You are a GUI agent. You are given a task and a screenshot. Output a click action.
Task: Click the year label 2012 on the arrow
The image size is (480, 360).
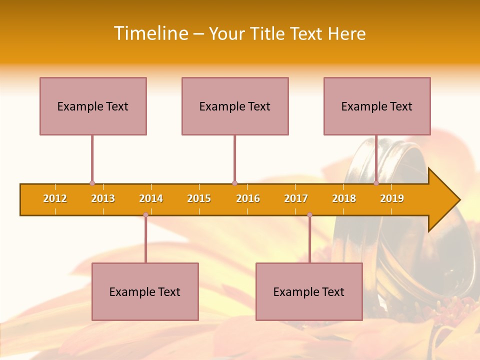pyautogui.click(x=55, y=198)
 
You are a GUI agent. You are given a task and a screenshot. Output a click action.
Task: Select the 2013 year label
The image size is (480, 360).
pyautogui.click(x=103, y=198)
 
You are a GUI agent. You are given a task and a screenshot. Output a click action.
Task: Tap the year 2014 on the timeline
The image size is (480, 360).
pyautogui.click(x=151, y=198)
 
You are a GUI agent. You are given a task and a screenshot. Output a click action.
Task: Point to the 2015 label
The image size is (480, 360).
pyautogui.click(x=199, y=198)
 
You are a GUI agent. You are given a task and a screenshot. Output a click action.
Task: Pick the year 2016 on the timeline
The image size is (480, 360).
pyautogui.click(x=248, y=198)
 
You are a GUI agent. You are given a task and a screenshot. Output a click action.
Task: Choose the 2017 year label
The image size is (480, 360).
pyautogui.click(x=296, y=198)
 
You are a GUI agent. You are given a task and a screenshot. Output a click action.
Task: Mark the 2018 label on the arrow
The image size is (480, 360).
pyautogui.click(x=344, y=198)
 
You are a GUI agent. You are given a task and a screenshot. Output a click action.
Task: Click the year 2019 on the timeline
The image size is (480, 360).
pyautogui.click(x=392, y=198)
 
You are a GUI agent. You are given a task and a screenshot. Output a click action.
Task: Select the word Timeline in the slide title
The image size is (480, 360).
pyautogui.click(x=150, y=33)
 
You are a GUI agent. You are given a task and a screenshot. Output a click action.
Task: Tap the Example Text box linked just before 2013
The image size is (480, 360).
pyautogui.click(x=93, y=106)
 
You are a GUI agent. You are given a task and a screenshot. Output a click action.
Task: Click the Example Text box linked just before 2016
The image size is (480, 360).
pyautogui.click(x=235, y=106)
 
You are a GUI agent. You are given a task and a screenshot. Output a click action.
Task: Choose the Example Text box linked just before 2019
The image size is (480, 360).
pyautogui.click(x=377, y=106)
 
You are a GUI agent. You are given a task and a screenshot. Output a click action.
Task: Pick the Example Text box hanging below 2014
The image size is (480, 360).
pyautogui.click(x=145, y=291)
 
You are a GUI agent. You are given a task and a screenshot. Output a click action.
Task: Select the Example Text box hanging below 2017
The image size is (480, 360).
pyautogui.click(x=309, y=291)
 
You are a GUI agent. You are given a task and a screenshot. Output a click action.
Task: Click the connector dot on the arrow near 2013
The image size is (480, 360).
pyautogui.click(x=92, y=183)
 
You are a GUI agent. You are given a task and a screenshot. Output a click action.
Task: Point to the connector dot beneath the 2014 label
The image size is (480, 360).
pyautogui.click(x=145, y=214)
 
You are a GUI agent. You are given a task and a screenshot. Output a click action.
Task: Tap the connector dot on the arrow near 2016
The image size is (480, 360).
pyautogui.click(x=234, y=183)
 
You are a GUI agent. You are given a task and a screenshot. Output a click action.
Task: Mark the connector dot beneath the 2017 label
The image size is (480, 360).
pyautogui.click(x=309, y=214)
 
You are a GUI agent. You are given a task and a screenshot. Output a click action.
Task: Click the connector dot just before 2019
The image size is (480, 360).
pyautogui.click(x=376, y=183)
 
